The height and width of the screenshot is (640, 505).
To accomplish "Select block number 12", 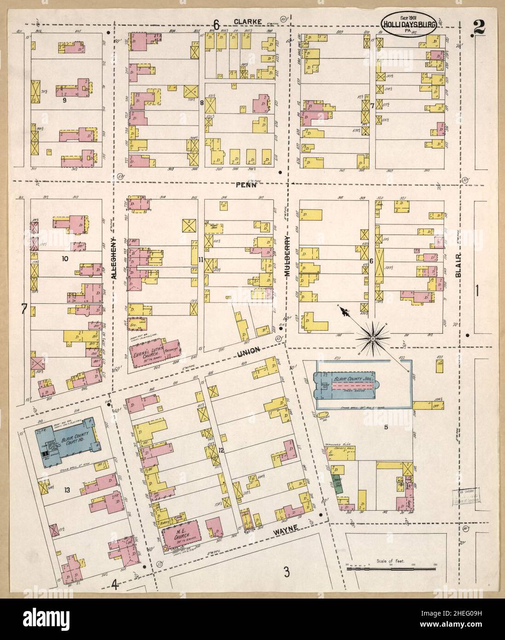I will tap(222, 449).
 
